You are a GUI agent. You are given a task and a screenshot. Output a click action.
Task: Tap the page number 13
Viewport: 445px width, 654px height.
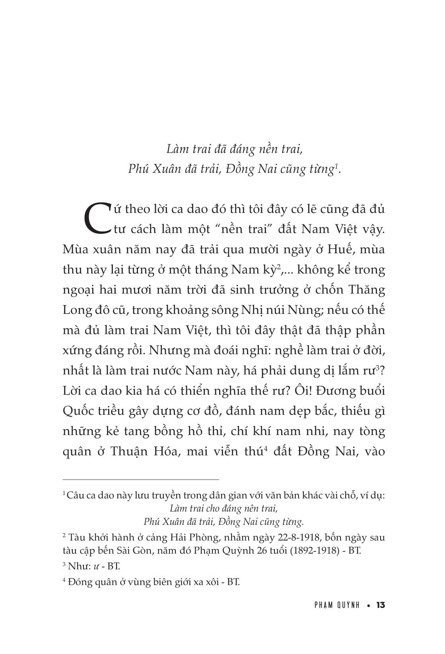380,605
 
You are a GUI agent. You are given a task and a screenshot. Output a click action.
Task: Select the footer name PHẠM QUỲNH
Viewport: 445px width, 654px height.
336,605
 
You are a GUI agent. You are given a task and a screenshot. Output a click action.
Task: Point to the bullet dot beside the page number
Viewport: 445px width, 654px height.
368,606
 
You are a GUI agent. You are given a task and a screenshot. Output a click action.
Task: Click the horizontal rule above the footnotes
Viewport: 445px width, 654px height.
141,480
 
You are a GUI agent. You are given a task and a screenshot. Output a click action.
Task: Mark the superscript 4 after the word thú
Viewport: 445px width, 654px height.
264,449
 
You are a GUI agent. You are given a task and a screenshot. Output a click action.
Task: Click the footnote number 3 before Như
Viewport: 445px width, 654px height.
64,564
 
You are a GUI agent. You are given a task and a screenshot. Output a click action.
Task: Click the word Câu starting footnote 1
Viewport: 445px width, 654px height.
75,495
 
